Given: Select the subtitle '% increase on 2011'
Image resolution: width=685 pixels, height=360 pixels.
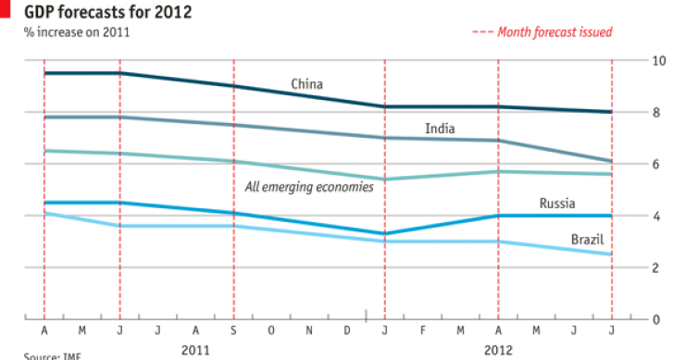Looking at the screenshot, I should coord(77,32).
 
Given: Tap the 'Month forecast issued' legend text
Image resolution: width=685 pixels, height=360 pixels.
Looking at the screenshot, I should coord(554,31).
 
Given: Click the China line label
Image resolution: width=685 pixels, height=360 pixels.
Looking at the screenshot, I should coord(306,84).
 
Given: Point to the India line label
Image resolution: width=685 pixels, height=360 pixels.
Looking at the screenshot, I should coord(439,129).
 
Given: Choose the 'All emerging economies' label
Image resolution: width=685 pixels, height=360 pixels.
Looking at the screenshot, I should coord(308,187).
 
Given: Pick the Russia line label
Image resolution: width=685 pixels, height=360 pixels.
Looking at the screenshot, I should coord(557,204).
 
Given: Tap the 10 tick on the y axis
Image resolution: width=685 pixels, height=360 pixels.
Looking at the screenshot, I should coord(659,60).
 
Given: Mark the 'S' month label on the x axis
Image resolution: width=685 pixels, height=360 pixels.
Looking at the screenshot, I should coord(233,330).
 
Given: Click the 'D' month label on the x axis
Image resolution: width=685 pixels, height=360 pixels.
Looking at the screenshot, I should coord(346,330).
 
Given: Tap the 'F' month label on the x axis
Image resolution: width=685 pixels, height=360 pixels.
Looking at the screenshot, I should coord(422,330).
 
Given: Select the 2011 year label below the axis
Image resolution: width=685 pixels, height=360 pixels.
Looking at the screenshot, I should coord(195,351).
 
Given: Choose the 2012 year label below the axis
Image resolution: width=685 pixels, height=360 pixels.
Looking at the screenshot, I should coord(498,351).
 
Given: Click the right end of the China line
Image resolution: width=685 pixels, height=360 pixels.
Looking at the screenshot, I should coord(611,112).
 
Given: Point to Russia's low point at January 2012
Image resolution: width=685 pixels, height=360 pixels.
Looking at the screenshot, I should coord(384,233).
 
